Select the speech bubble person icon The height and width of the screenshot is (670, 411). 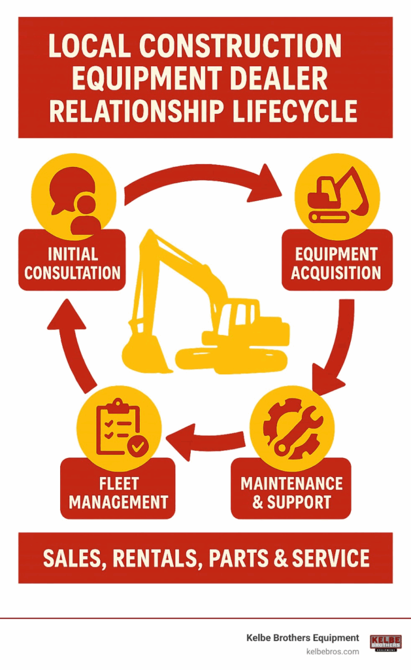coord(74,196)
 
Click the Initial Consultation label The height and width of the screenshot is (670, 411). coord(72,263)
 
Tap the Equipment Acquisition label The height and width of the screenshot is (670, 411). coord(337,263)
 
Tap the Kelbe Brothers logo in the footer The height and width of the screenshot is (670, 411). coord(386,643)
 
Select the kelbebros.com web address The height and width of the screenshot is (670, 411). coord(333,652)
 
